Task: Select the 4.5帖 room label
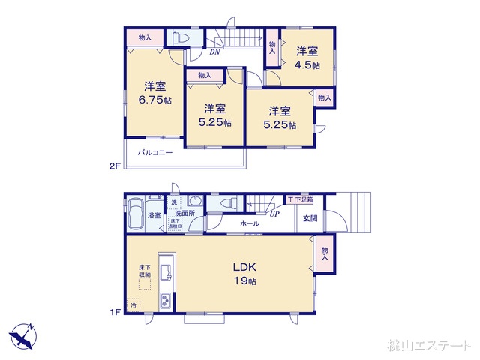(x=306, y=58)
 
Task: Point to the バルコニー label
(x=155, y=152)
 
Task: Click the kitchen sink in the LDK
(x=168, y=268)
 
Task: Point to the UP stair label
(x=275, y=214)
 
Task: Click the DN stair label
(x=214, y=52)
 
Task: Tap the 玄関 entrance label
(x=310, y=218)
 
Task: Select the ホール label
(x=250, y=223)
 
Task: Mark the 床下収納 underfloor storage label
(x=145, y=271)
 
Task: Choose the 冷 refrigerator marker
(x=134, y=305)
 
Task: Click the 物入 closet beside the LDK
(x=325, y=253)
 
